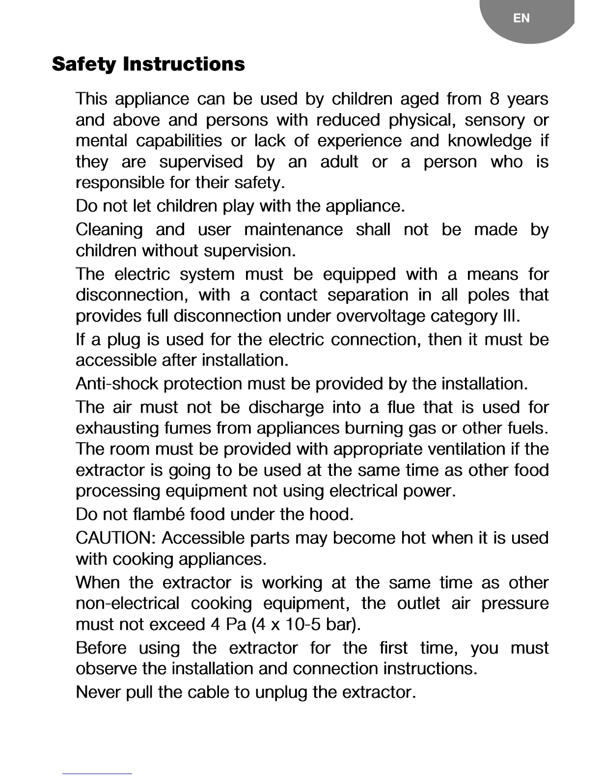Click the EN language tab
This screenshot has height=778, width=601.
(521, 19)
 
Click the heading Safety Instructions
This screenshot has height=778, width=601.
(148, 64)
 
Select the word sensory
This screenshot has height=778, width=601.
(494, 120)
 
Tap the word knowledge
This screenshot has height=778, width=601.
(489, 141)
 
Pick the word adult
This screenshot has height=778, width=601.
(339, 162)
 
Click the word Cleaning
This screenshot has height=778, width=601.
(109, 230)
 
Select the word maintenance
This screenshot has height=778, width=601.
(293, 230)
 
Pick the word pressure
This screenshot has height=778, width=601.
(514, 604)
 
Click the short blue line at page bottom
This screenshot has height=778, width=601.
(97, 774)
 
